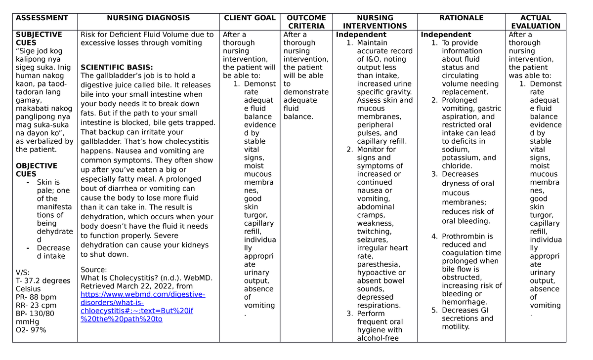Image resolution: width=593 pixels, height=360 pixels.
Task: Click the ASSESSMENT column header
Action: coord(42,18)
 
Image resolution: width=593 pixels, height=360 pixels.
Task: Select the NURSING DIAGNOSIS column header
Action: coord(148,18)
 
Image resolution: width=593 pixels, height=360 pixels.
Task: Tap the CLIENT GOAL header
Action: coord(250,18)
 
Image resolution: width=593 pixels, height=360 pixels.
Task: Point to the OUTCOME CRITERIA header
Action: coord(306,22)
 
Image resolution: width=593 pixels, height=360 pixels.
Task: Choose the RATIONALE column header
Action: coord(461,18)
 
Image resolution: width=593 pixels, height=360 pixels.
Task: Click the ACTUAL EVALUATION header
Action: coord(536,22)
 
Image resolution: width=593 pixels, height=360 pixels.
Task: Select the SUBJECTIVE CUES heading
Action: coord(39,39)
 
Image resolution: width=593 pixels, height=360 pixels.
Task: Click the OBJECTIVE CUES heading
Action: coord(37,170)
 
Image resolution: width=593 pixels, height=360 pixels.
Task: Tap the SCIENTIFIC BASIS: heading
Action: coord(117,67)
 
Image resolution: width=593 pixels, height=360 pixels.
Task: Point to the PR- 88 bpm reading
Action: coord(36,297)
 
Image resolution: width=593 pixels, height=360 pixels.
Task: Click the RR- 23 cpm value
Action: coord(36,306)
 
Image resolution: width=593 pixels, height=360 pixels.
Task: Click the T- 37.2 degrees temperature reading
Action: coord(43,280)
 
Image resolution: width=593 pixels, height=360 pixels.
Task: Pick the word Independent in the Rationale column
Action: coord(446,35)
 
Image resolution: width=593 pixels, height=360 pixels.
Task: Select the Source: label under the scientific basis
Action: coord(93,270)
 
